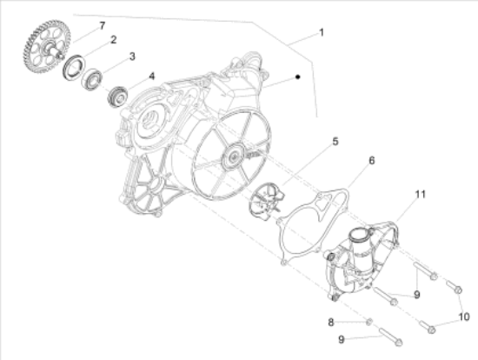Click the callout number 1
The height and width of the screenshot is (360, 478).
click(x=321, y=32)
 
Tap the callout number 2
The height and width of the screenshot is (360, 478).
click(x=113, y=40)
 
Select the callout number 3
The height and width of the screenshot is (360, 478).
click(x=132, y=57)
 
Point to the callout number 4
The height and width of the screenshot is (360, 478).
click(x=151, y=77)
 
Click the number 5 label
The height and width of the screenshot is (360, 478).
click(x=335, y=142)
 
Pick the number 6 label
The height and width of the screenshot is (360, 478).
click(x=372, y=161)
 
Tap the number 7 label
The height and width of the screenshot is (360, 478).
click(x=103, y=26)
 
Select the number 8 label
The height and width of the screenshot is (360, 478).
click(x=331, y=322)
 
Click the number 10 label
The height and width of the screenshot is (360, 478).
click(x=464, y=317)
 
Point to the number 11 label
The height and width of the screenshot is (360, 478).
click(x=421, y=194)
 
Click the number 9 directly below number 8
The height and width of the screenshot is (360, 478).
click(x=342, y=339)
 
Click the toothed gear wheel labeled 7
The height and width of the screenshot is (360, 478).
click(x=46, y=47)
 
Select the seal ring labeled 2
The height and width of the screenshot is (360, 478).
click(x=74, y=66)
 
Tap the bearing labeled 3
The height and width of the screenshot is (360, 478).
click(x=92, y=80)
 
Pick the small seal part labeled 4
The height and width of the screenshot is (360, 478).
click(x=117, y=97)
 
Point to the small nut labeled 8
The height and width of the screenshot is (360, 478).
click(x=368, y=322)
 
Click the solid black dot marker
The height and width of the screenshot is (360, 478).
click(x=298, y=77)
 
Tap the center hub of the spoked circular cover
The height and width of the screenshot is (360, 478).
click(x=234, y=157)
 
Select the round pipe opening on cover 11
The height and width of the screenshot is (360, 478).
click(x=361, y=236)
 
